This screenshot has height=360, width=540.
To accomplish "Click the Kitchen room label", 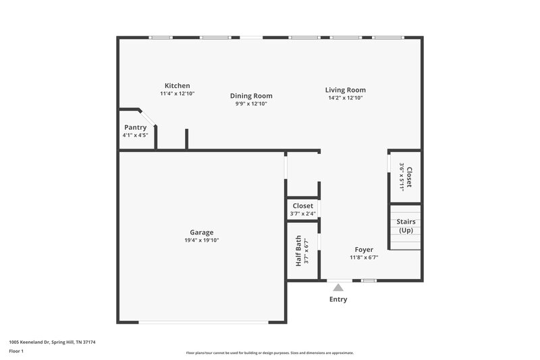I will pos(177,86).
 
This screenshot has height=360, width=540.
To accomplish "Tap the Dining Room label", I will pos(251,96).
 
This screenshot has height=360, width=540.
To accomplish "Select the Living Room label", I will pos(345,90).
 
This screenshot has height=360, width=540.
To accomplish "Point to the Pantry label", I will pos(135,127).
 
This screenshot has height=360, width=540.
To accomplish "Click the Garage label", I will pos(201,232).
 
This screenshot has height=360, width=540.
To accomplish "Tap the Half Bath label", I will pos(298,251).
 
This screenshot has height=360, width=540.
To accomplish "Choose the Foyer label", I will pos(364,249).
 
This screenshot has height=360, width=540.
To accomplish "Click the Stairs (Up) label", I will pos(406,226).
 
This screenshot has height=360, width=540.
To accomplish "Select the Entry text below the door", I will pos(338,299).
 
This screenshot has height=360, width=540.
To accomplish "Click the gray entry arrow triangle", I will pos(338,288).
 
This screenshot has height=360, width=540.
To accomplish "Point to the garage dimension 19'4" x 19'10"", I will pos(201,240).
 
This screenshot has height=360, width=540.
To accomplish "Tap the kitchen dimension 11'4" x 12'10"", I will pos(177,94).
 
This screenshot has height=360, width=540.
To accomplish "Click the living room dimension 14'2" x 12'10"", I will pos(345,98).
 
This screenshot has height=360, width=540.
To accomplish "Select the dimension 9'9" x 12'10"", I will pos(251,104).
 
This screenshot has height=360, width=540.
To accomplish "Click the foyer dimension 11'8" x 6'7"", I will pos(364,257).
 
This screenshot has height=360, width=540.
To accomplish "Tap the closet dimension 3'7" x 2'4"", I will pos(302,214).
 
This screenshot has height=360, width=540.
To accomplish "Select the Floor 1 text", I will pos(16,351).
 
